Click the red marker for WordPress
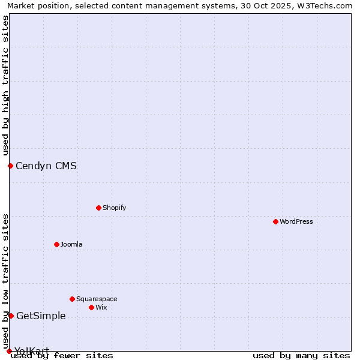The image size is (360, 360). [275, 221]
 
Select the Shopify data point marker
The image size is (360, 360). [98, 208]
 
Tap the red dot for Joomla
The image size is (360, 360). [56, 244]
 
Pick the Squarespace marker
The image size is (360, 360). [72, 299]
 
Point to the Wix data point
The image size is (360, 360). [91, 307]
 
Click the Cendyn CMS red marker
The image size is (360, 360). [10, 166]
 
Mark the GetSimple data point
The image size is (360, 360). [11, 316]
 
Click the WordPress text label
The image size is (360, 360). [296, 221]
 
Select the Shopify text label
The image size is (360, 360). [114, 208]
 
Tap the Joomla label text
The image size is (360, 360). [71, 244]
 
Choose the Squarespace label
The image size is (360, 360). [97, 299]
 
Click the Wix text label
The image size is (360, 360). [101, 307]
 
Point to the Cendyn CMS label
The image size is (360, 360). [46, 166]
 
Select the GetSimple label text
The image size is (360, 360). [41, 316]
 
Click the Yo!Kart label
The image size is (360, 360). [32, 351]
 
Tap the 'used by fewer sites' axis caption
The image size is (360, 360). [62, 355]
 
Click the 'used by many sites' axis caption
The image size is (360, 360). [301, 355]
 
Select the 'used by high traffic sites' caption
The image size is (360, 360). [5, 84]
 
